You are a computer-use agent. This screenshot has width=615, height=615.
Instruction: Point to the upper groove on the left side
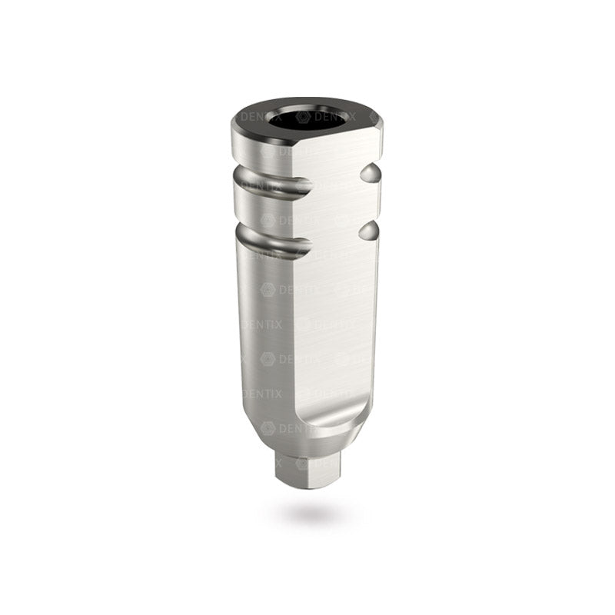click(261, 183)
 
